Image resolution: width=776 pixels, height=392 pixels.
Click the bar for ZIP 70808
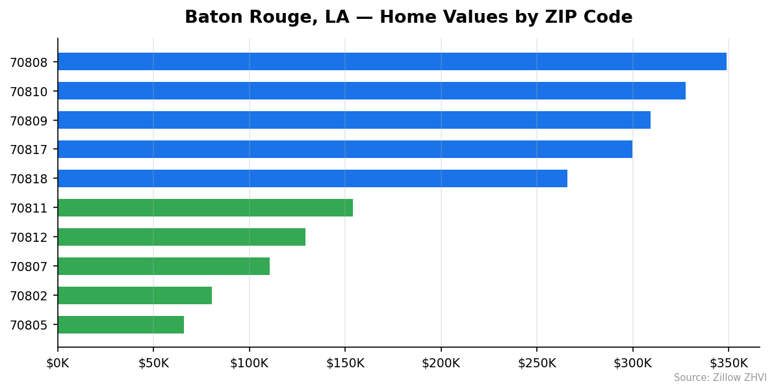pos(392,62)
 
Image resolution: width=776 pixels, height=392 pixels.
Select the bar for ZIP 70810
pos(372,91)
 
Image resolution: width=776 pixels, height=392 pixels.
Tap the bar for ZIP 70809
pos(354,120)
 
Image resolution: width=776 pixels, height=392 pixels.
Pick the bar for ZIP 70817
pos(345,150)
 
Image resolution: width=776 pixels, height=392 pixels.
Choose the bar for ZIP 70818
pos(313,179)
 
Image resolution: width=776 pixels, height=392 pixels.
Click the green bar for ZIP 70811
pos(205,208)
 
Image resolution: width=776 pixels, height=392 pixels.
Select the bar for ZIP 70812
pos(181,237)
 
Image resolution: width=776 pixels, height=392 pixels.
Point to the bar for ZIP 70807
pos(164,267)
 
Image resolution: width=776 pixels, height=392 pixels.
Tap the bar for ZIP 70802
pos(135,296)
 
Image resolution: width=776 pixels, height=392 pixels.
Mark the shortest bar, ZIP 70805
pos(121,325)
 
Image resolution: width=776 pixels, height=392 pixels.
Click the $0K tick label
pos(58,363)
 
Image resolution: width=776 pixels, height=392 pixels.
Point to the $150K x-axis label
pos(345,363)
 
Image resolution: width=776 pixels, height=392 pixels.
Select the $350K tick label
pos(729,363)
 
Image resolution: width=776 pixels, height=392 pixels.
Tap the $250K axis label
pos(537,363)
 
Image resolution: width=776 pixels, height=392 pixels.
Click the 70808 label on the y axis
pos(29,62)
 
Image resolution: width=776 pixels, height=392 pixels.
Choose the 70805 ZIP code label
pos(29,325)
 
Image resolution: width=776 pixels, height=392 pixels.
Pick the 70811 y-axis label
pos(29,209)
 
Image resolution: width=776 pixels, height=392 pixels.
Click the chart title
pos(408,18)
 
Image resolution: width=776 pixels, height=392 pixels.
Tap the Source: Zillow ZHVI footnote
pos(720,378)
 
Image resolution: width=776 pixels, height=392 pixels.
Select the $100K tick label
pos(250,363)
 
